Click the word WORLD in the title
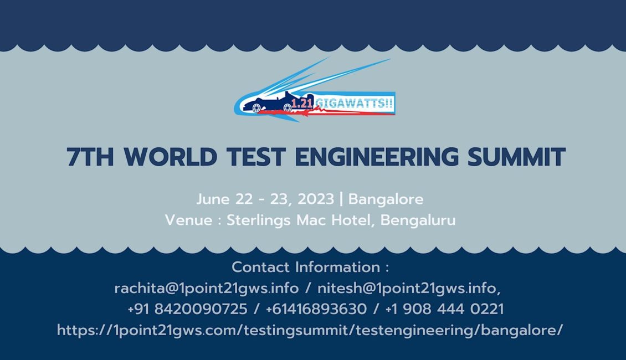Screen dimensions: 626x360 pos(171,156)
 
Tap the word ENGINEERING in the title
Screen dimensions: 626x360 pos(377,156)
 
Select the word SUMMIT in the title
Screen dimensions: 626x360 pos(517,156)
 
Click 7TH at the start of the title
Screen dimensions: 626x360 pos(90,156)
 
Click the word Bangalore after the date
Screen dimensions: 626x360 pos(386,199)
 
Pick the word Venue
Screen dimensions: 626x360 pos(188,220)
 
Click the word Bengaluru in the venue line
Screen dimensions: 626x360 pos(418,220)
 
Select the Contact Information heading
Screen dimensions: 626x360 pos(310,268)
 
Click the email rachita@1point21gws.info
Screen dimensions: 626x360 pos(207,288)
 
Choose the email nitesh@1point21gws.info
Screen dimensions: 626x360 pos(409,288)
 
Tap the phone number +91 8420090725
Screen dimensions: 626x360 pos(187,309)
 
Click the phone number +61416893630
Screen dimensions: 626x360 pos(316,309)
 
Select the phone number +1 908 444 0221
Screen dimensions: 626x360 pos(444,309)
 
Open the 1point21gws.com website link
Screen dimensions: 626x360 pos(310,331)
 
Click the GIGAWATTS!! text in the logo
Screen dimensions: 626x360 pos(354,104)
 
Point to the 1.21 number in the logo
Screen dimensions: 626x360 pos(302,104)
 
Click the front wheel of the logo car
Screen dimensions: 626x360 pos(256,108)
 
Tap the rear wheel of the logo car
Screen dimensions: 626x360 pos(288,107)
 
